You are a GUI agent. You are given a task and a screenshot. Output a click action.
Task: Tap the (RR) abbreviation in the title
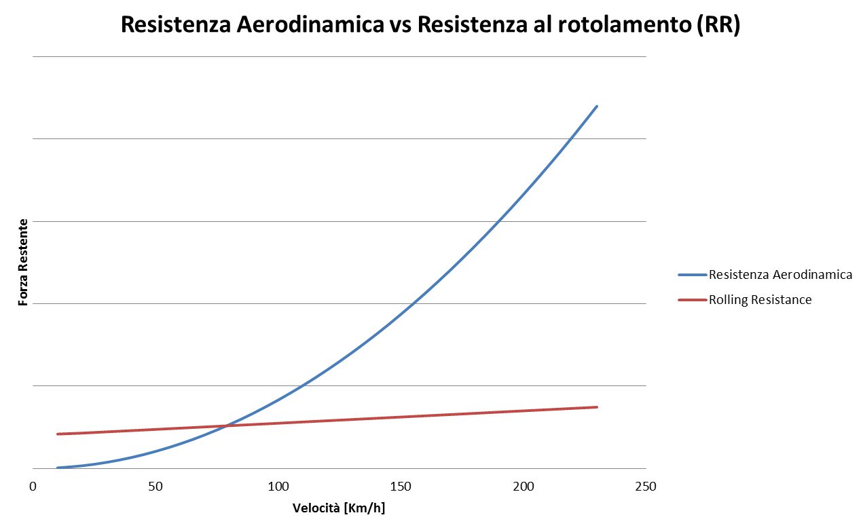pyautogui.click(x=717, y=24)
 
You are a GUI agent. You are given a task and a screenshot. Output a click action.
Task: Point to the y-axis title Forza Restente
pyautogui.click(x=24, y=262)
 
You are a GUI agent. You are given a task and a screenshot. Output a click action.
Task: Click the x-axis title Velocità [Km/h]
pyautogui.click(x=344, y=508)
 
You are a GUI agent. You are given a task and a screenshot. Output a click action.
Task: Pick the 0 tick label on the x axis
pyautogui.click(x=33, y=487)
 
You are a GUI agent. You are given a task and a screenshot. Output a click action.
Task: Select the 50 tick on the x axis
pyautogui.click(x=155, y=487)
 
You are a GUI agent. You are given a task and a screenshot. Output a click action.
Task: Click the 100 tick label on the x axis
pyautogui.click(x=278, y=487)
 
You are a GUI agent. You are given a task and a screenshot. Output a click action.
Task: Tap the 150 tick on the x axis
pyautogui.click(x=401, y=487)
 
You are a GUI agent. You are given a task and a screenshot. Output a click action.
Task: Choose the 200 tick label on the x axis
pyautogui.click(x=523, y=487)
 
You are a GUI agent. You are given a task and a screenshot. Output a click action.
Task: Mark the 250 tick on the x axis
pyautogui.click(x=645, y=487)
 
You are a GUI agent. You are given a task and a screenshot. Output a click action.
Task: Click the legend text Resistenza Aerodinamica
pyautogui.click(x=780, y=275)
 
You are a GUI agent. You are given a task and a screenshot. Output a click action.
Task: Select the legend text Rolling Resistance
pyautogui.click(x=760, y=299)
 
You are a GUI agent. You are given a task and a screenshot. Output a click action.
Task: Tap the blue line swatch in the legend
pyautogui.click(x=693, y=275)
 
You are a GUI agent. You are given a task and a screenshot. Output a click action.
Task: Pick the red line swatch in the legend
pyautogui.click(x=693, y=299)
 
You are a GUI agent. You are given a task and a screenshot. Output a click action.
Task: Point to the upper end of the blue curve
pyautogui.click(x=596, y=107)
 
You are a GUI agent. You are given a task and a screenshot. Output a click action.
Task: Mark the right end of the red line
pyautogui.click(x=596, y=407)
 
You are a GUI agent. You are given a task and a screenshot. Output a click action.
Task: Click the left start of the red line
pyautogui.click(x=58, y=434)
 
